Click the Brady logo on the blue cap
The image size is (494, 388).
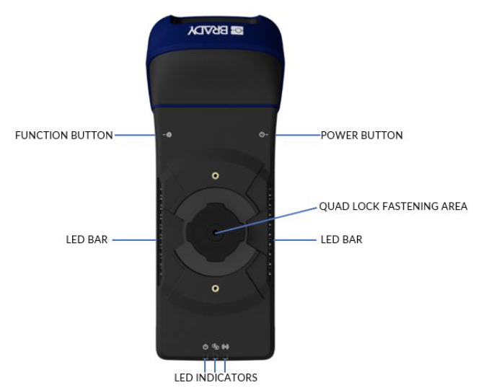click(216, 31)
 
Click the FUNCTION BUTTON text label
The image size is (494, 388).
click(64, 135)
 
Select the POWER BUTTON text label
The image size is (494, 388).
click(361, 135)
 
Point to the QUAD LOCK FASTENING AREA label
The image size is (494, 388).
click(393, 206)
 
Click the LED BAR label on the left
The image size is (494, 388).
click(87, 239)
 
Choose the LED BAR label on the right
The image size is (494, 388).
click(341, 239)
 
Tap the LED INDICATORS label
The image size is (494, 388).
click(216, 377)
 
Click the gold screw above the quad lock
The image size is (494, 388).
click(215, 175)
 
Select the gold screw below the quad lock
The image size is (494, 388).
click(215, 288)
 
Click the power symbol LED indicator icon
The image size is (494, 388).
click(206, 346)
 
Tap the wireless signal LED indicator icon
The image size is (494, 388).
click(226, 346)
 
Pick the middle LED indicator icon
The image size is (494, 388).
click(216, 346)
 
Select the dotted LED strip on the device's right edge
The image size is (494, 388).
click(270, 231)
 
